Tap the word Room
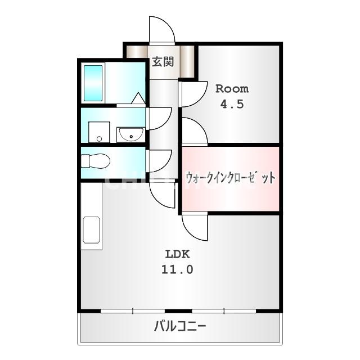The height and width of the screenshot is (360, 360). (x=232, y=89)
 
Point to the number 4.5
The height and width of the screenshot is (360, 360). (x=232, y=105)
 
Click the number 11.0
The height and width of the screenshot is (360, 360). (x=178, y=269)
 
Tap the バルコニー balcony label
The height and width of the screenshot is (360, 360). (x=179, y=326)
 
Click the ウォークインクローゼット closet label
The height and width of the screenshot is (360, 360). (x=231, y=178)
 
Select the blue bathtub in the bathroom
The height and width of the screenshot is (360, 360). (x=93, y=83)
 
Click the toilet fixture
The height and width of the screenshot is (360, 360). (x=94, y=161)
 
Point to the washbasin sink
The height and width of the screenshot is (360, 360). (x=130, y=134)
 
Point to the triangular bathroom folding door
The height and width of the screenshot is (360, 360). (x=138, y=99)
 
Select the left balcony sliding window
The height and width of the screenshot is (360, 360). (x=133, y=310)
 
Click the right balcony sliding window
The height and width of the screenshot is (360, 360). (x=224, y=310)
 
